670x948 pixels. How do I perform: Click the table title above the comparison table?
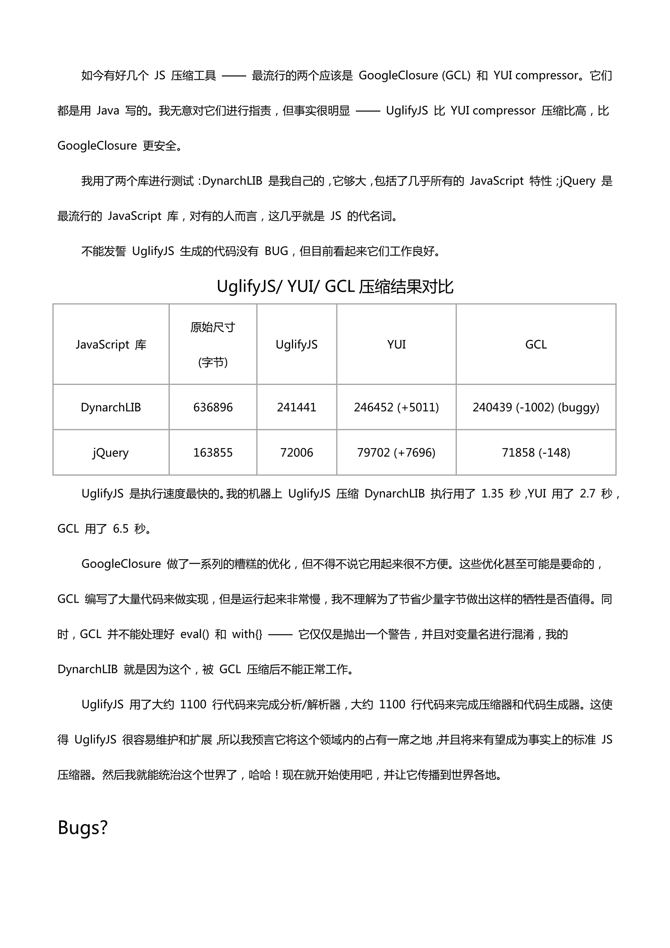click(335, 286)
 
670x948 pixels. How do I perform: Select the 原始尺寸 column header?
click(213, 344)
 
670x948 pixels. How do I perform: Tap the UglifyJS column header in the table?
click(297, 344)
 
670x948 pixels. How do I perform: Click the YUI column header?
click(396, 344)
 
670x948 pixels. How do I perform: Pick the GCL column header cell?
click(536, 344)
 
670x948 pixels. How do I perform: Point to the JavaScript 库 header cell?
click(111, 344)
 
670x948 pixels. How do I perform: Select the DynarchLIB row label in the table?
click(111, 407)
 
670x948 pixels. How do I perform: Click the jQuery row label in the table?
click(111, 452)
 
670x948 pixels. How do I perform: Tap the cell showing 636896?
click(213, 407)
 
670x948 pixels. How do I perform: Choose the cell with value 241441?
click(297, 407)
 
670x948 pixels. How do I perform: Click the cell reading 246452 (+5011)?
click(396, 407)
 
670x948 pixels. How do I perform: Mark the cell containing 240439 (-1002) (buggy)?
click(536, 407)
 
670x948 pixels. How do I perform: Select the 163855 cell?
click(213, 452)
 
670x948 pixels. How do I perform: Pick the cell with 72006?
click(297, 452)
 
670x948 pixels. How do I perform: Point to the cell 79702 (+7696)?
click(396, 452)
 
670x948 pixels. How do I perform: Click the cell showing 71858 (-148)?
click(536, 452)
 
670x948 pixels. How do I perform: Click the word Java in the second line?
click(108, 111)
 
